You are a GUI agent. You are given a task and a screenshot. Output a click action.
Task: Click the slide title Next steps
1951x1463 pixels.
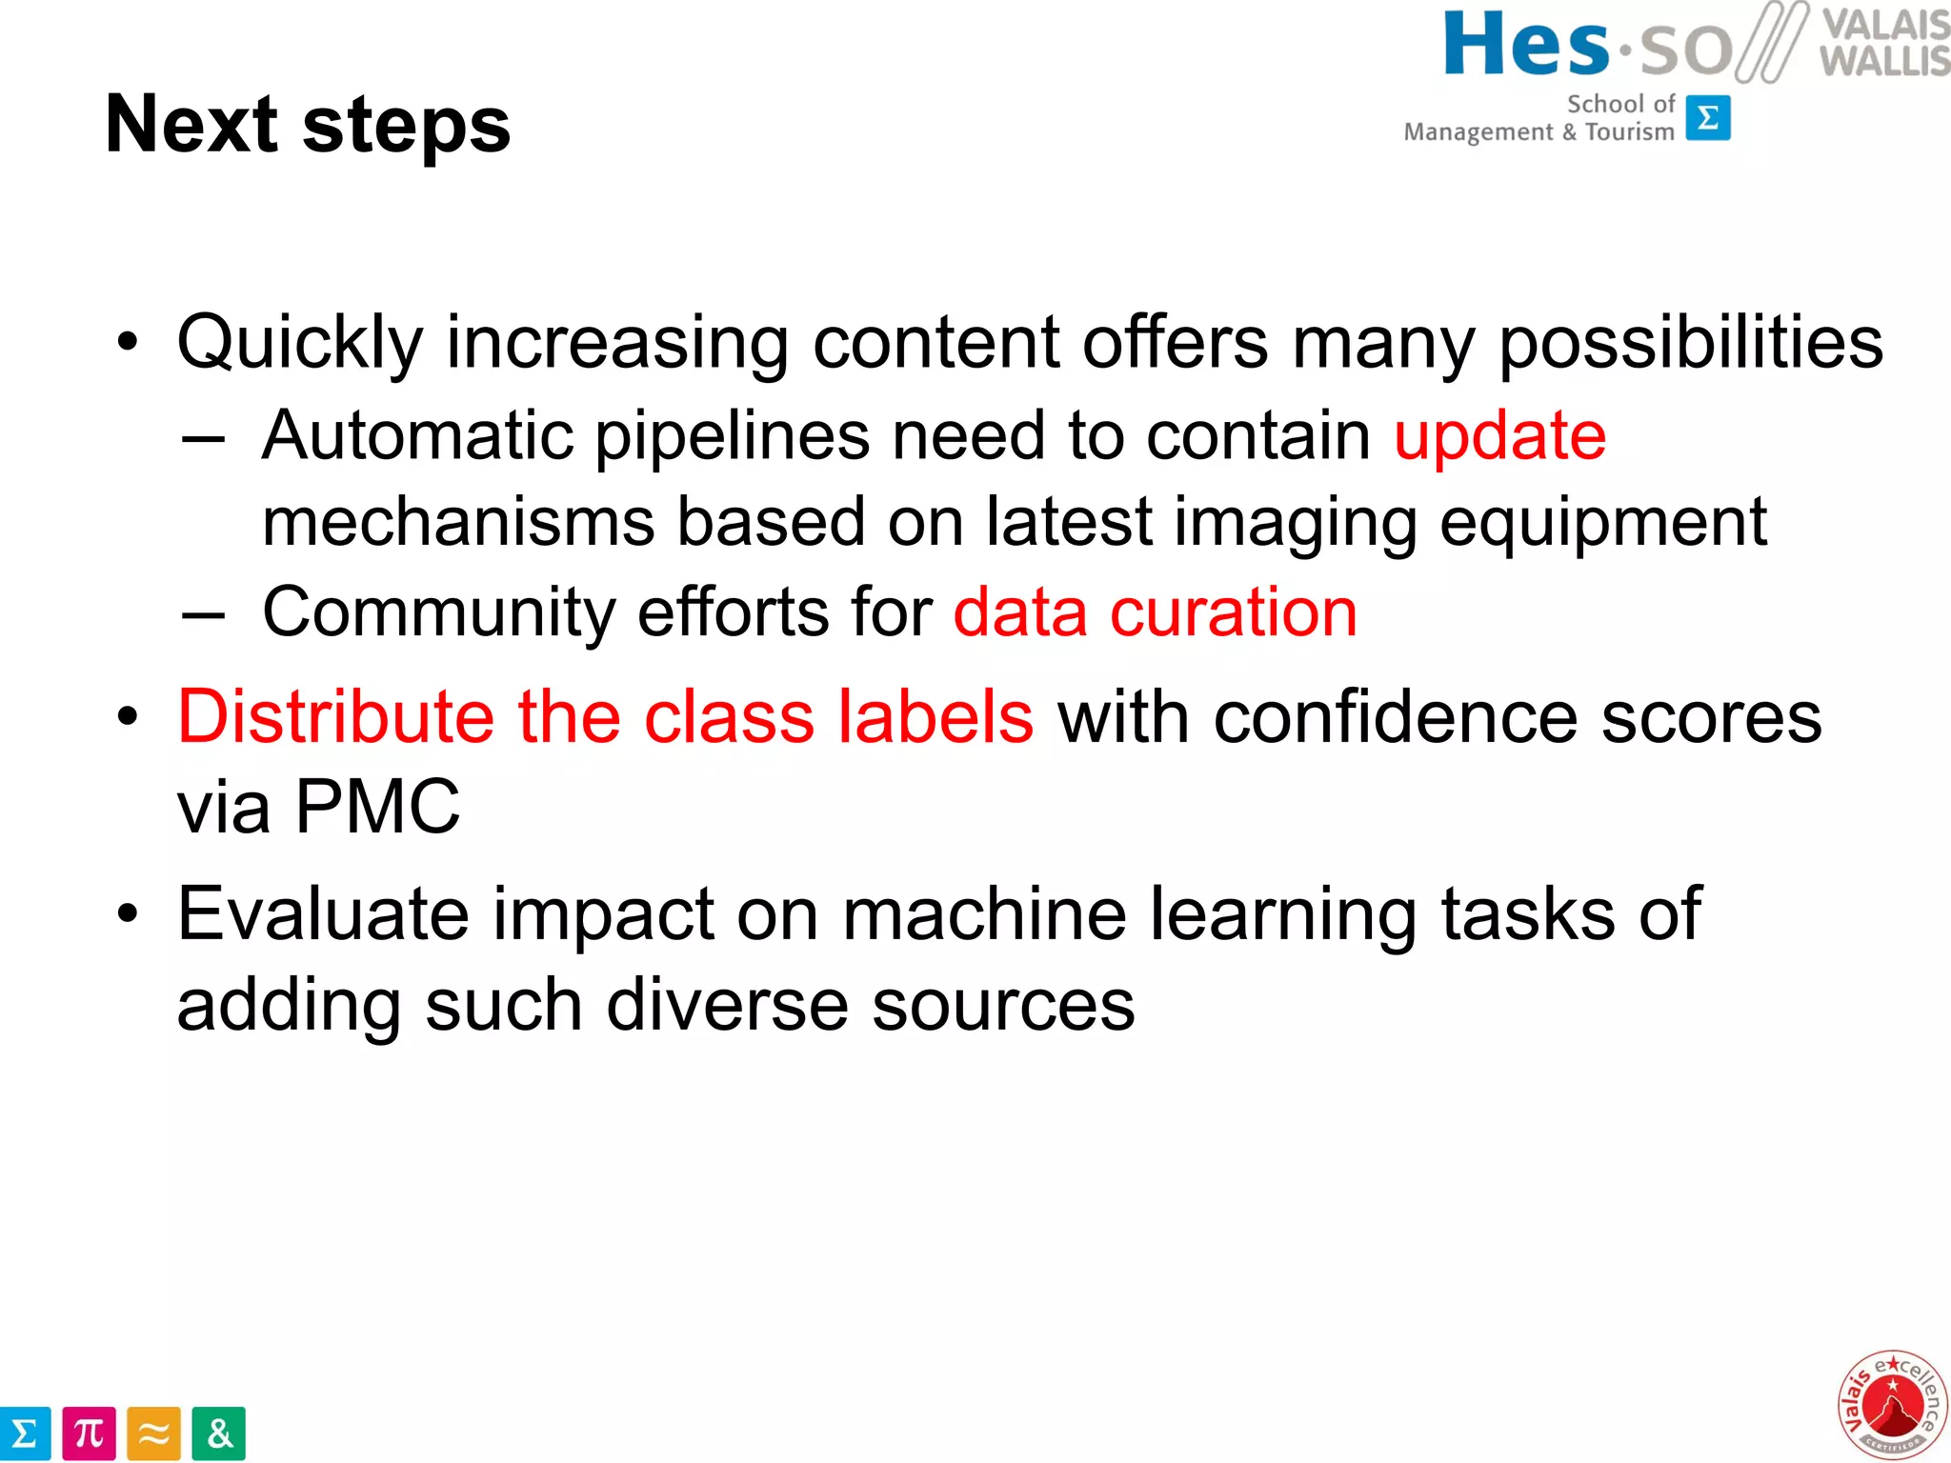pos(308,125)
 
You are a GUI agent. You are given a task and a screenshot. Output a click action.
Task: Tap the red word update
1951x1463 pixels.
pos(1499,436)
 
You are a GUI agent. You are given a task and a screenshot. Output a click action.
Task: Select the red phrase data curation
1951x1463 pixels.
pos(1155,611)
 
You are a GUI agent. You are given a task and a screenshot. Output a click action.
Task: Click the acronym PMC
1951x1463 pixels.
pos(377,807)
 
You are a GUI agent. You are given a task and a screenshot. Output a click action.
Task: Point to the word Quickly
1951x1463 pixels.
pos(300,343)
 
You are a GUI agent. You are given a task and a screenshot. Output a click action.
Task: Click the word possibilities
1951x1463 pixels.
pos(1691,343)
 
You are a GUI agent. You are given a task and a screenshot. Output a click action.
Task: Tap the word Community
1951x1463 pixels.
pos(439,611)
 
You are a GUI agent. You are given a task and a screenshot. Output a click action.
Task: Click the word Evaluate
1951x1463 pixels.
pos(323,913)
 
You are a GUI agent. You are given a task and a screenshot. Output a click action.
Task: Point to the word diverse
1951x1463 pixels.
pos(727,1005)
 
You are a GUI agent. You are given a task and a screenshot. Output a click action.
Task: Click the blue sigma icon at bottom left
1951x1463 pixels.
pos(24,1433)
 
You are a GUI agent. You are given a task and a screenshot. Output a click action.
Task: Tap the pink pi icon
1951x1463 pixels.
pos(89,1433)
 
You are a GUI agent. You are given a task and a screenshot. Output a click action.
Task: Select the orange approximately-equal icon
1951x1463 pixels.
pos(153,1433)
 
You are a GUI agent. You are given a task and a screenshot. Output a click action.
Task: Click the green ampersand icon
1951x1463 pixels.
pos(218,1433)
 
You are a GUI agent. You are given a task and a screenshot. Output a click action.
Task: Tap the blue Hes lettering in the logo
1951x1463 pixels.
pos(1526,45)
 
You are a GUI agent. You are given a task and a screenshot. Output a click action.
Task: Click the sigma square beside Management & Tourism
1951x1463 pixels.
pos(1708,118)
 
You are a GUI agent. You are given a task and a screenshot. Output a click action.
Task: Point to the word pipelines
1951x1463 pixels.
pos(732,436)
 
